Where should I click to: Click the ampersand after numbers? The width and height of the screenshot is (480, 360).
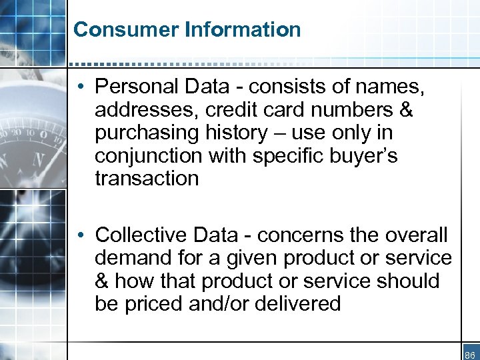pyautogui.click(x=404, y=109)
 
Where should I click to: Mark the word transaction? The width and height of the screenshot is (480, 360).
pyautogui.click(x=147, y=178)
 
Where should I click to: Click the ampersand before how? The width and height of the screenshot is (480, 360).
pyautogui.click(x=103, y=281)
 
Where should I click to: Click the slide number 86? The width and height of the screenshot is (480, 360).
pyautogui.click(x=469, y=355)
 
